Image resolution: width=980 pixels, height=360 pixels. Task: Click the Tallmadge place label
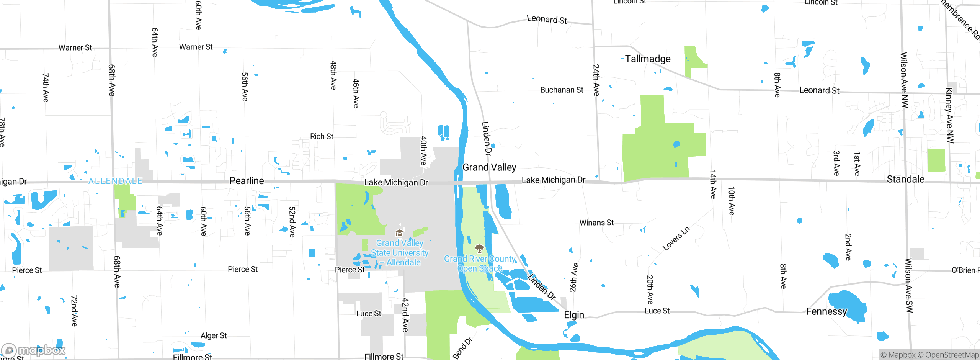tap(648, 59)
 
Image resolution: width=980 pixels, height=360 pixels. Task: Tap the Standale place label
tap(905, 179)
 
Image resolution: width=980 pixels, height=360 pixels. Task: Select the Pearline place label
tap(247, 181)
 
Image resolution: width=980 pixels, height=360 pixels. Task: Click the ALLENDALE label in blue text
tap(115, 181)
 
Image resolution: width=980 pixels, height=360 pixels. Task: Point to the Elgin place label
tap(574, 315)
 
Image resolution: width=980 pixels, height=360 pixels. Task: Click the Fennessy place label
tap(826, 311)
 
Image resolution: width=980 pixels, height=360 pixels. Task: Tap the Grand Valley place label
tap(489, 167)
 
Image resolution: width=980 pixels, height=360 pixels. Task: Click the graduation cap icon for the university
tap(399, 233)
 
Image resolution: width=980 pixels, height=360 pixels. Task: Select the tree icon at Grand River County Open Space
tap(479, 248)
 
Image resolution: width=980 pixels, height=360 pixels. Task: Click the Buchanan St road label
tap(562, 90)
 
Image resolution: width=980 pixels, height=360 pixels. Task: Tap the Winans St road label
tap(596, 223)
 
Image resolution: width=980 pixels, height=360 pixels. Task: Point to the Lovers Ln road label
tap(676, 239)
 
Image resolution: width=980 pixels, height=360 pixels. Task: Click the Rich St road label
tap(322, 136)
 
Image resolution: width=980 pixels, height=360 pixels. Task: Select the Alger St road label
tap(214, 336)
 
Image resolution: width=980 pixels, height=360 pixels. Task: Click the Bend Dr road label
tap(462, 348)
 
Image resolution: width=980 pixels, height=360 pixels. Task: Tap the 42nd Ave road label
tap(405, 314)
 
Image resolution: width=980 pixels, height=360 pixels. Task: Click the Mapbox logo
tap(33, 350)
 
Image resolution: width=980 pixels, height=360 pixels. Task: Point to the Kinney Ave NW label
tap(950, 115)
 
